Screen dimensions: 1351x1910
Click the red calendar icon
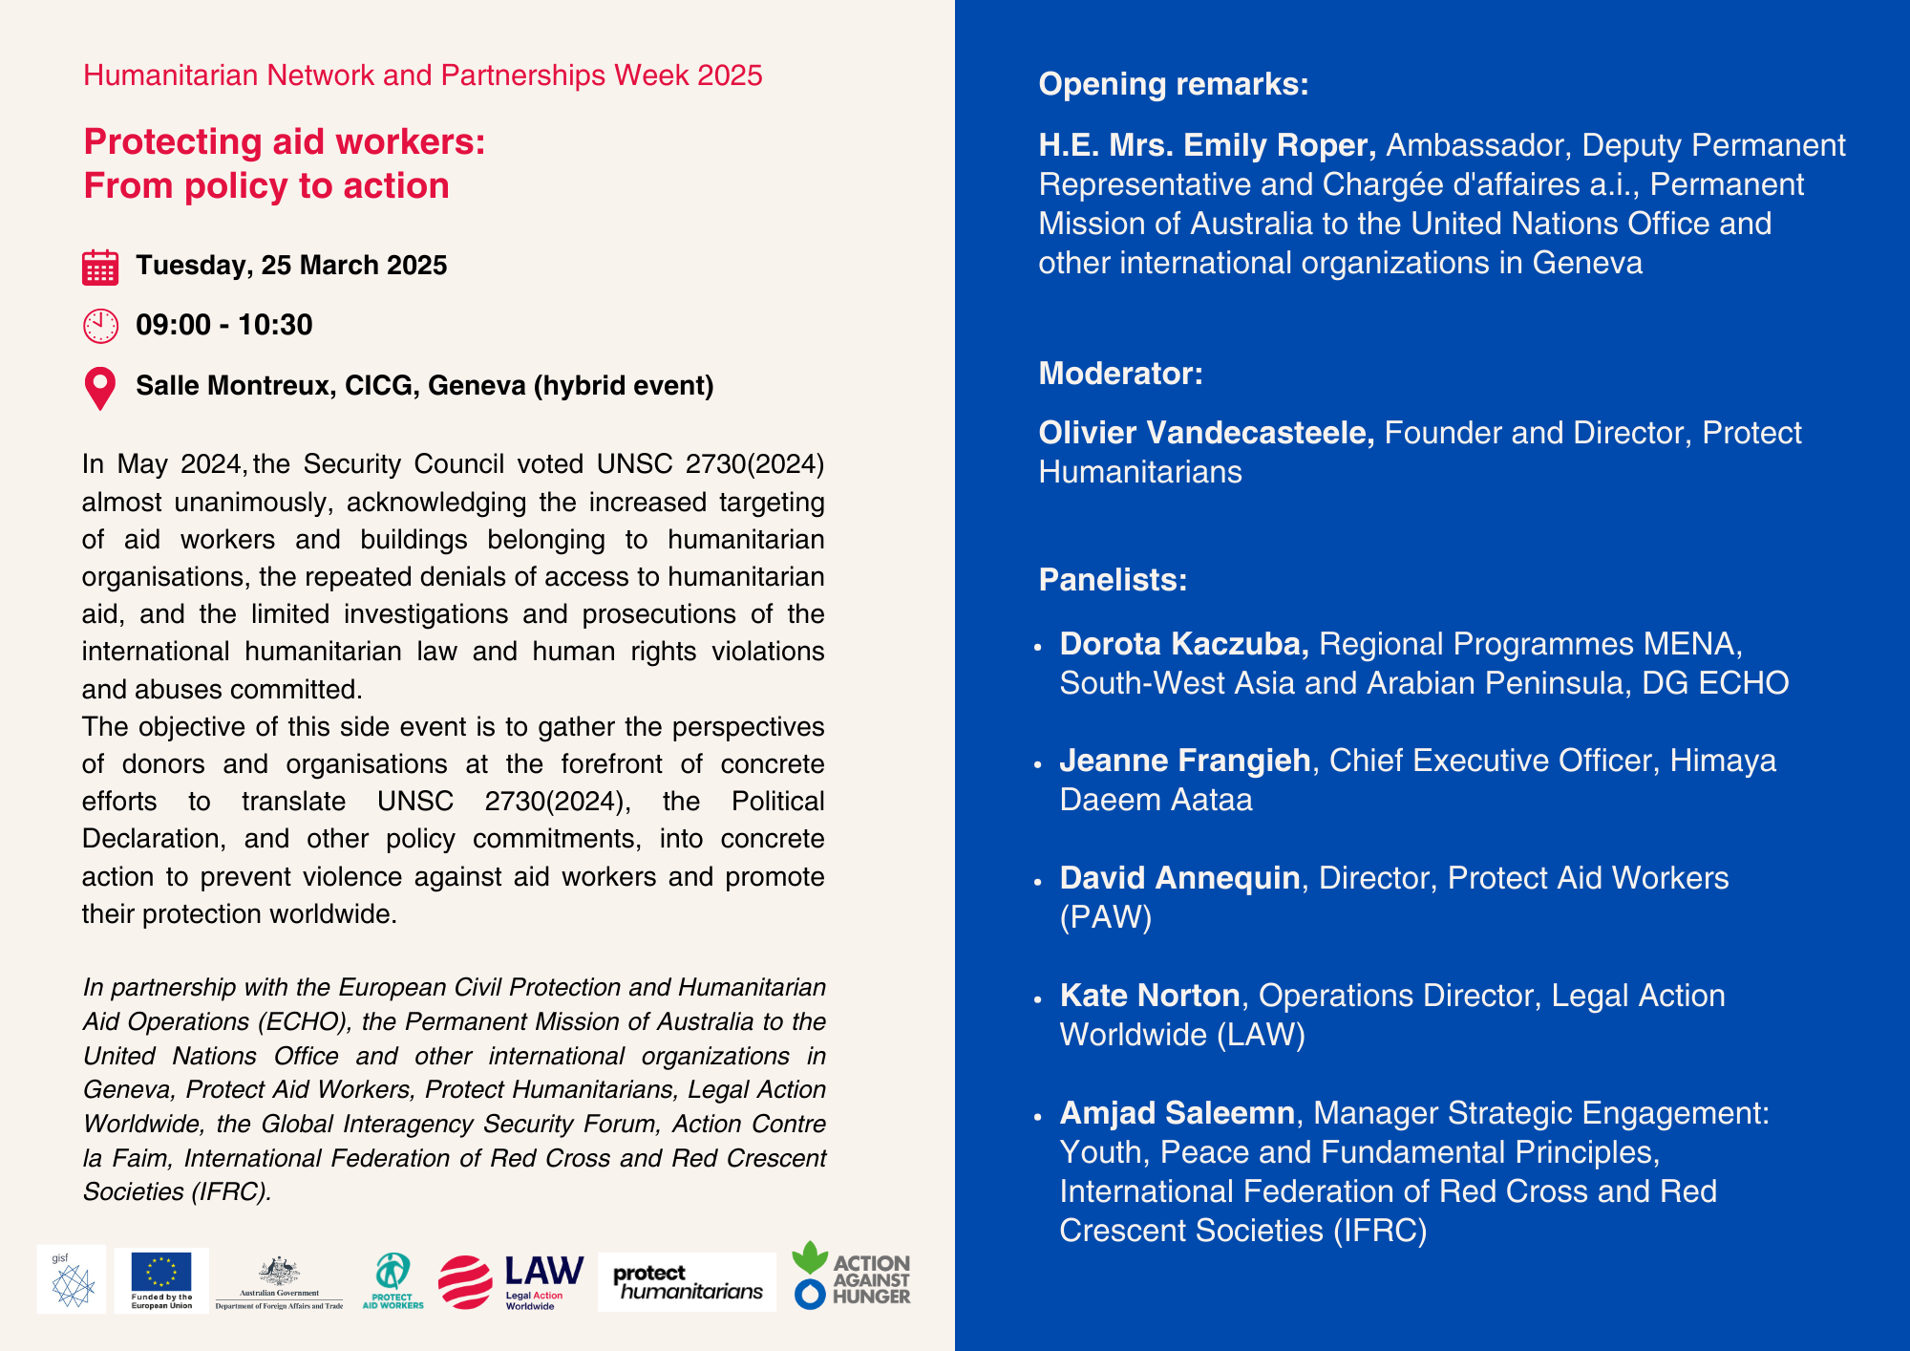click(100, 268)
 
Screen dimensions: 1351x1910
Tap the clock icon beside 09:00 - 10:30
click(100, 326)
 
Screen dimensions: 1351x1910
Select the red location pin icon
click(100, 388)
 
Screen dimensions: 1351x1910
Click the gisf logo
click(72, 1280)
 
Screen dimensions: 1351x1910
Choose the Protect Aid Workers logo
click(393, 1281)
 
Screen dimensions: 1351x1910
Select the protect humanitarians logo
click(687, 1282)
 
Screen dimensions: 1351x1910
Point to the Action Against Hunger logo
click(851, 1276)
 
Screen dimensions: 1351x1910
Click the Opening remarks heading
click(1173, 84)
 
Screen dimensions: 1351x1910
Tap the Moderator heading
click(1120, 374)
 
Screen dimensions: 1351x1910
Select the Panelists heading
click(1113, 580)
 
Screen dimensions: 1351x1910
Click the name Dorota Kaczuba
click(1183, 644)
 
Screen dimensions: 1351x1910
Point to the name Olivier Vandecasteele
click(1206, 433)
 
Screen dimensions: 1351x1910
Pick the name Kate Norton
click(1149, 996)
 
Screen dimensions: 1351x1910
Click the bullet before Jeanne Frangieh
click(1038, 764)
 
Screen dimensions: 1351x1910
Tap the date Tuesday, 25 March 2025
click(291, 266)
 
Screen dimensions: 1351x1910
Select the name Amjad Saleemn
click(1177, 1113)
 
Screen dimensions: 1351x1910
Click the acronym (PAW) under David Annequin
click(1106, 917)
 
